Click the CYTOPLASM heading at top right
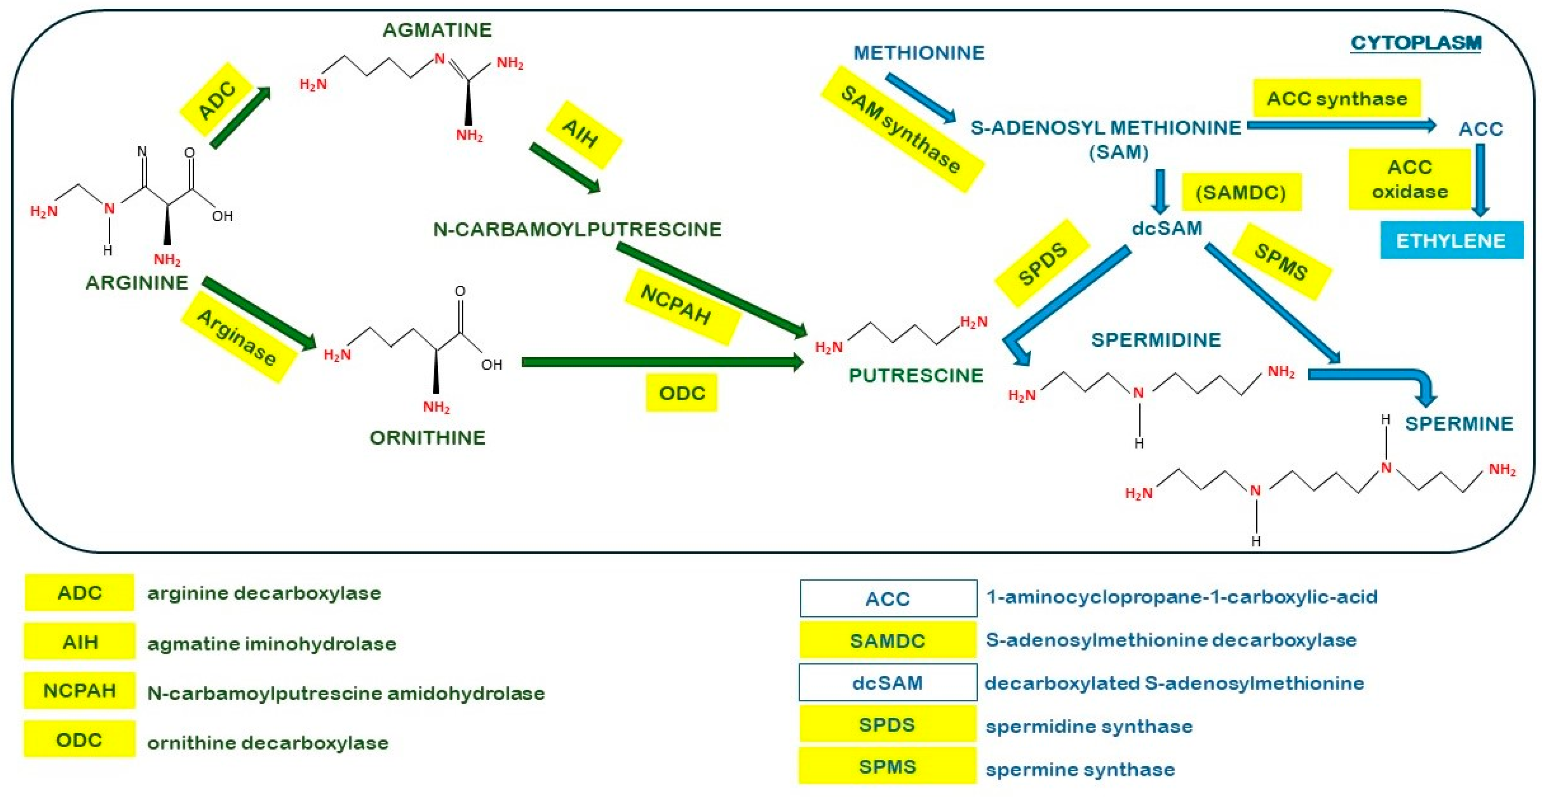[1415, 43]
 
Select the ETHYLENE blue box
[1451, 241]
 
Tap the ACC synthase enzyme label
[1336, 98]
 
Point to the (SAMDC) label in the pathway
[1241, 193]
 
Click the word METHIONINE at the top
[919, 53]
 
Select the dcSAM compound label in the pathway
[1166, 229]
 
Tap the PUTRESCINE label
[915, 375]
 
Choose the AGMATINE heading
[437, 30]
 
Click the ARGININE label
[137, 282]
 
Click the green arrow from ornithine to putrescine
[662, 361]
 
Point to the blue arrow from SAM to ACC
[1341, 126]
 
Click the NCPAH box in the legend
[79, 690]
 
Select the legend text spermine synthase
[1080, 769]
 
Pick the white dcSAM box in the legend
[887, 683]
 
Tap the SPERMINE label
[1458, 423]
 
